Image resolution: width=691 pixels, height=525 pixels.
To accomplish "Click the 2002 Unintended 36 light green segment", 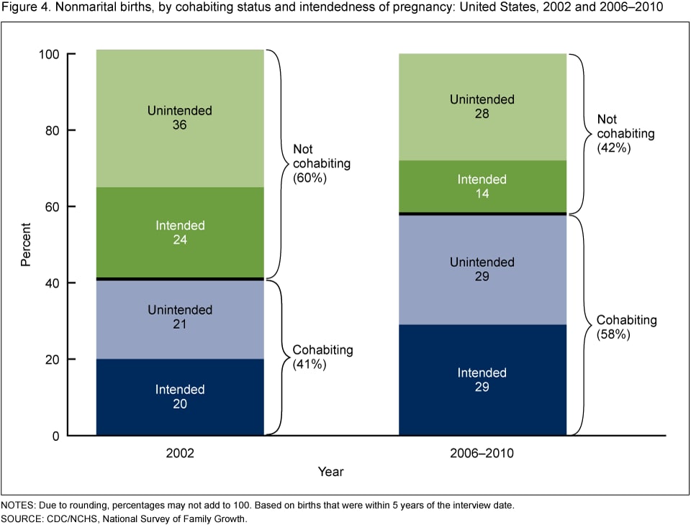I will (180, 119).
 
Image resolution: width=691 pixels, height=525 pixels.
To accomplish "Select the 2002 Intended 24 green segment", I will (180, 232).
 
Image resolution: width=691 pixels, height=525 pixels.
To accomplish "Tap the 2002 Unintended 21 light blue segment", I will (180, 317).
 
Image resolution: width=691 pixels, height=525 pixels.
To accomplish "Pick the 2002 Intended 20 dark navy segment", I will (180, 397).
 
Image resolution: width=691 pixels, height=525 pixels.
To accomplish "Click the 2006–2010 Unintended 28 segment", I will (482, 106).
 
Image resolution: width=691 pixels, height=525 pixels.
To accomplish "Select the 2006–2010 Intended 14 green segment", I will (482, 186).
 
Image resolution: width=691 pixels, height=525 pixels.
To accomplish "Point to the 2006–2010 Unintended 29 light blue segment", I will (482, 269).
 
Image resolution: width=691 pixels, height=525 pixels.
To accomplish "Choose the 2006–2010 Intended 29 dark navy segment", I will (482, 380).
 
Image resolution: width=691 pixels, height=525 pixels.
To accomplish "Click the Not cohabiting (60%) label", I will (321, 163).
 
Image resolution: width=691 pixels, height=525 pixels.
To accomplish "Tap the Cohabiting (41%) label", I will (322, 357).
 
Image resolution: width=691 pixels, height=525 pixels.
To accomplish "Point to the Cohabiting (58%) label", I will (626, 327).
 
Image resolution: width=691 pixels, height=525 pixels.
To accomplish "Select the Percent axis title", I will (26, 245).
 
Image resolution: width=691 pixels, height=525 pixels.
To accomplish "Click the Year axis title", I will (331, 472).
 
